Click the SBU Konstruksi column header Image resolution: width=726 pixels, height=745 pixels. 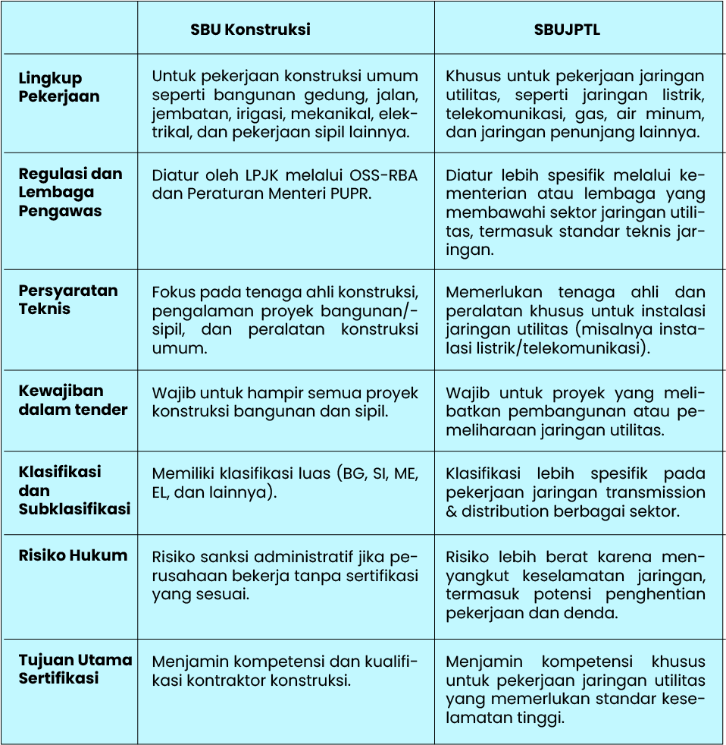[250, 30]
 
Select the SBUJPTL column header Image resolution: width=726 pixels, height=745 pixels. [567, 30]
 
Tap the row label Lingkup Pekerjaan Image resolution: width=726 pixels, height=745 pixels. [59, 87]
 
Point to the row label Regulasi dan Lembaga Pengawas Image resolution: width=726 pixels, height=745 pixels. [70, 192]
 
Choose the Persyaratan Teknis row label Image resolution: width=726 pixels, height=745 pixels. [68, 300]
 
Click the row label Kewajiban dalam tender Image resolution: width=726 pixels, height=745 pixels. [73, 400]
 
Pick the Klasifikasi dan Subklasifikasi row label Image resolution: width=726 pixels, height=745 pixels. [74, 490]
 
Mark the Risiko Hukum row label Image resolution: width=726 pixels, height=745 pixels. [73, 555]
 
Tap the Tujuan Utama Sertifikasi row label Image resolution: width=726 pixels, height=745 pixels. [75, 668]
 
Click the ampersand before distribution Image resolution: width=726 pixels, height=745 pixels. [452, 511]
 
